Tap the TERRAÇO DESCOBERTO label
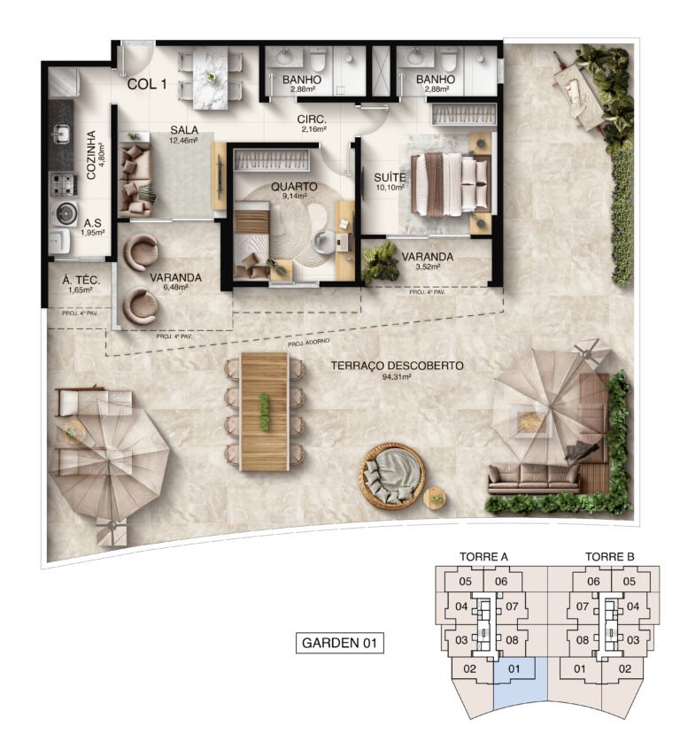coord(396,366)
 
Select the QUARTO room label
coord(289,188)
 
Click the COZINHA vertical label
coord(91,156)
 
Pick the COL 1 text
coord(147,85)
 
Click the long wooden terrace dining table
coord(264,410)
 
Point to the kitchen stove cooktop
coord(62,184)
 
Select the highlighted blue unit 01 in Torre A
coord(519,681)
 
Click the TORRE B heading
coord(609,557)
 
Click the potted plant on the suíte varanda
coord(381,261)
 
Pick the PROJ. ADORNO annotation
coord(306,341)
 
